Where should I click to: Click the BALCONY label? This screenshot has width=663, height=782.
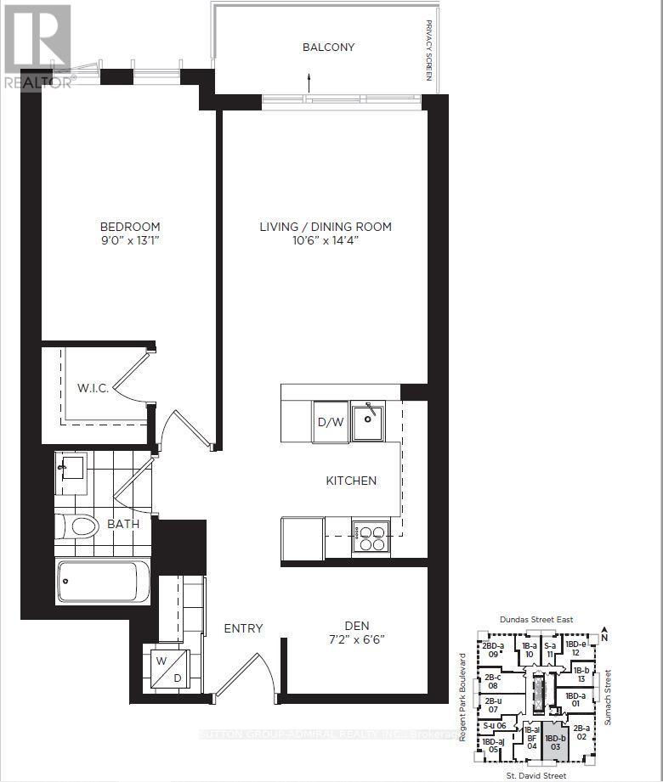pyautogui.click(x=328, y=48)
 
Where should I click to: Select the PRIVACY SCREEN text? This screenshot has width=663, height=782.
pyautogui.click(x=428, y=50)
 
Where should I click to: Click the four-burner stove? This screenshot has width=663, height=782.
pyautogui.click(x=371, y=537)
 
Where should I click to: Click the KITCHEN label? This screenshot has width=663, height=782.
pyautogui.click(x=351, y=481)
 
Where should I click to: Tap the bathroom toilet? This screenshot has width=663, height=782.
pyautogui.click(x=77, y=526)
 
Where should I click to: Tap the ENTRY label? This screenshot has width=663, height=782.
pyautogui.click(x=243, y=628)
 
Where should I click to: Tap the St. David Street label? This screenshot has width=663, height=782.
pyautogui.click(x=535, y=775)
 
